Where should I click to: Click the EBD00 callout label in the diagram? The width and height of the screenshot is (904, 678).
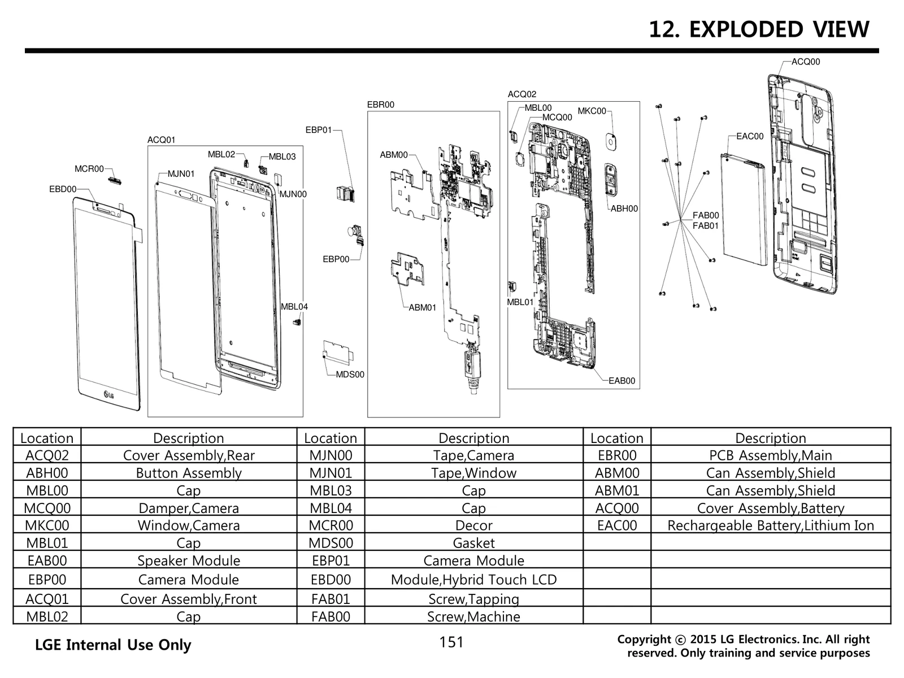click(62, 189)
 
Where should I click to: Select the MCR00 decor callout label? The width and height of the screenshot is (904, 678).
click(89, 169)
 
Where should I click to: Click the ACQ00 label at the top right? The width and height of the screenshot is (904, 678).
click(806, 62)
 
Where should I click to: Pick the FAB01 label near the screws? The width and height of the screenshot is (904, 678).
click(706, 226)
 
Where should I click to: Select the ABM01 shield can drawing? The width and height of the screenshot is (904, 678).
click(411, 267)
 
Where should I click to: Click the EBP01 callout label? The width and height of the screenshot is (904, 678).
click(319, 130)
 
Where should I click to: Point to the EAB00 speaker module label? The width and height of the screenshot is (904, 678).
click(621, 381)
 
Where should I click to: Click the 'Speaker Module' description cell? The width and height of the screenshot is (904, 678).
click(189, 560)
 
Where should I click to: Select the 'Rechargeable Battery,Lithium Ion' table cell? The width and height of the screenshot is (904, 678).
click(770, 525)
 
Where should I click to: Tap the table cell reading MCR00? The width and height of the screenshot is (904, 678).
click(331, 525)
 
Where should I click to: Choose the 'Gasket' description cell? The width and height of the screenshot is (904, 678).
click(473, 543)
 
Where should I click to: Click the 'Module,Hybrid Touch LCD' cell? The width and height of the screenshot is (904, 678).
click(473, 580)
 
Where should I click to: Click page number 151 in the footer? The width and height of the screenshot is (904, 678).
click(451, 642)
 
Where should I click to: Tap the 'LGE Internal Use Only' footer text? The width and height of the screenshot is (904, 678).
click(113, 645)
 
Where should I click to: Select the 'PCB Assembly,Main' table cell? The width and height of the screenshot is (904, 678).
click(770, 455)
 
